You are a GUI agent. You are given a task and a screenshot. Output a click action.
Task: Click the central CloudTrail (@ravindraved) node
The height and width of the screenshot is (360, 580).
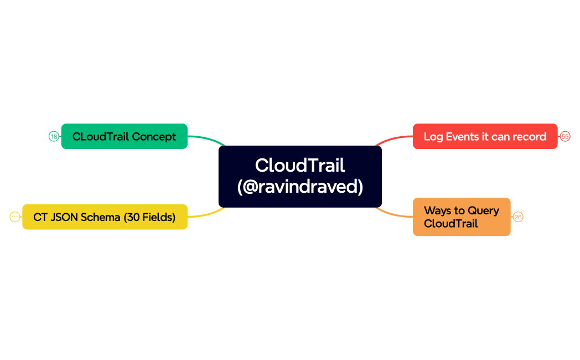pos(300,176)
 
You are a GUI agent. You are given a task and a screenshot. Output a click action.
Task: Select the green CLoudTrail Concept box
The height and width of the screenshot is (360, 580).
pos(124,136)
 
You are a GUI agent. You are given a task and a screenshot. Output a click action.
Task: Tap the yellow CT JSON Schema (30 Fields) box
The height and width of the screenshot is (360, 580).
pos(105,217)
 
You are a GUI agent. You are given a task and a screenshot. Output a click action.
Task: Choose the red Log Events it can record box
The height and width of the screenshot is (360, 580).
pos(485,136)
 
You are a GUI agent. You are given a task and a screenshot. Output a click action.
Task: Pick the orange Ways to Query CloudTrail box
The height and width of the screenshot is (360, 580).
pos(461,217)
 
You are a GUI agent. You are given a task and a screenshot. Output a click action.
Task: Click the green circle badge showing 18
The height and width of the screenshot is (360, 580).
pos(54,136)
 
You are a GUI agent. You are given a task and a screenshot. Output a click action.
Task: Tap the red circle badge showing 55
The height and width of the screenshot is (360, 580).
pos(565,136)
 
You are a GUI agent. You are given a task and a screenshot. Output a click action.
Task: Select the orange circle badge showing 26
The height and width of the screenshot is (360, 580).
pos(517,217)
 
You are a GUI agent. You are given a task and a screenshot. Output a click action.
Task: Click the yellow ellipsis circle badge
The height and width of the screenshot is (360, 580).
pos(15,217)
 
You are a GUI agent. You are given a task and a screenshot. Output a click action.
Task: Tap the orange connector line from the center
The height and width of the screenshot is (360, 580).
pos(393,214)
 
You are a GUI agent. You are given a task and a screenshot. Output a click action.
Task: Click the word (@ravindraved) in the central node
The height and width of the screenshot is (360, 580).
pos(300,187)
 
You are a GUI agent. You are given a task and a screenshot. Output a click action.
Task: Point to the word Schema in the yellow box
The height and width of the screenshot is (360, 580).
pos(101,217)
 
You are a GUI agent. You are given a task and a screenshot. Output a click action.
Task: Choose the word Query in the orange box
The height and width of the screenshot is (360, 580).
pos(483,210)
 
